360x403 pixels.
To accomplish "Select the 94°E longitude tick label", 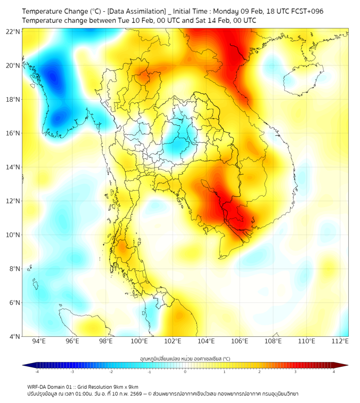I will pos(39,341).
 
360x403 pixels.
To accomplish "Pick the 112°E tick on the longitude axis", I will pos(340,341).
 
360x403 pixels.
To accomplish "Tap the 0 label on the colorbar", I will pos(185,372).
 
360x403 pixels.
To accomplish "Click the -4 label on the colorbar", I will pos(37,372).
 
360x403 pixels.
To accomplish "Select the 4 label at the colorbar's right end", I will pos(334,372).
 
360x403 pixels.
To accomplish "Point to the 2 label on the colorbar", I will pos(259,372).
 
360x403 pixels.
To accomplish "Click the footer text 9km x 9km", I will pos(127,387).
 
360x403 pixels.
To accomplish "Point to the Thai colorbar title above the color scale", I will pos(185,359).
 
